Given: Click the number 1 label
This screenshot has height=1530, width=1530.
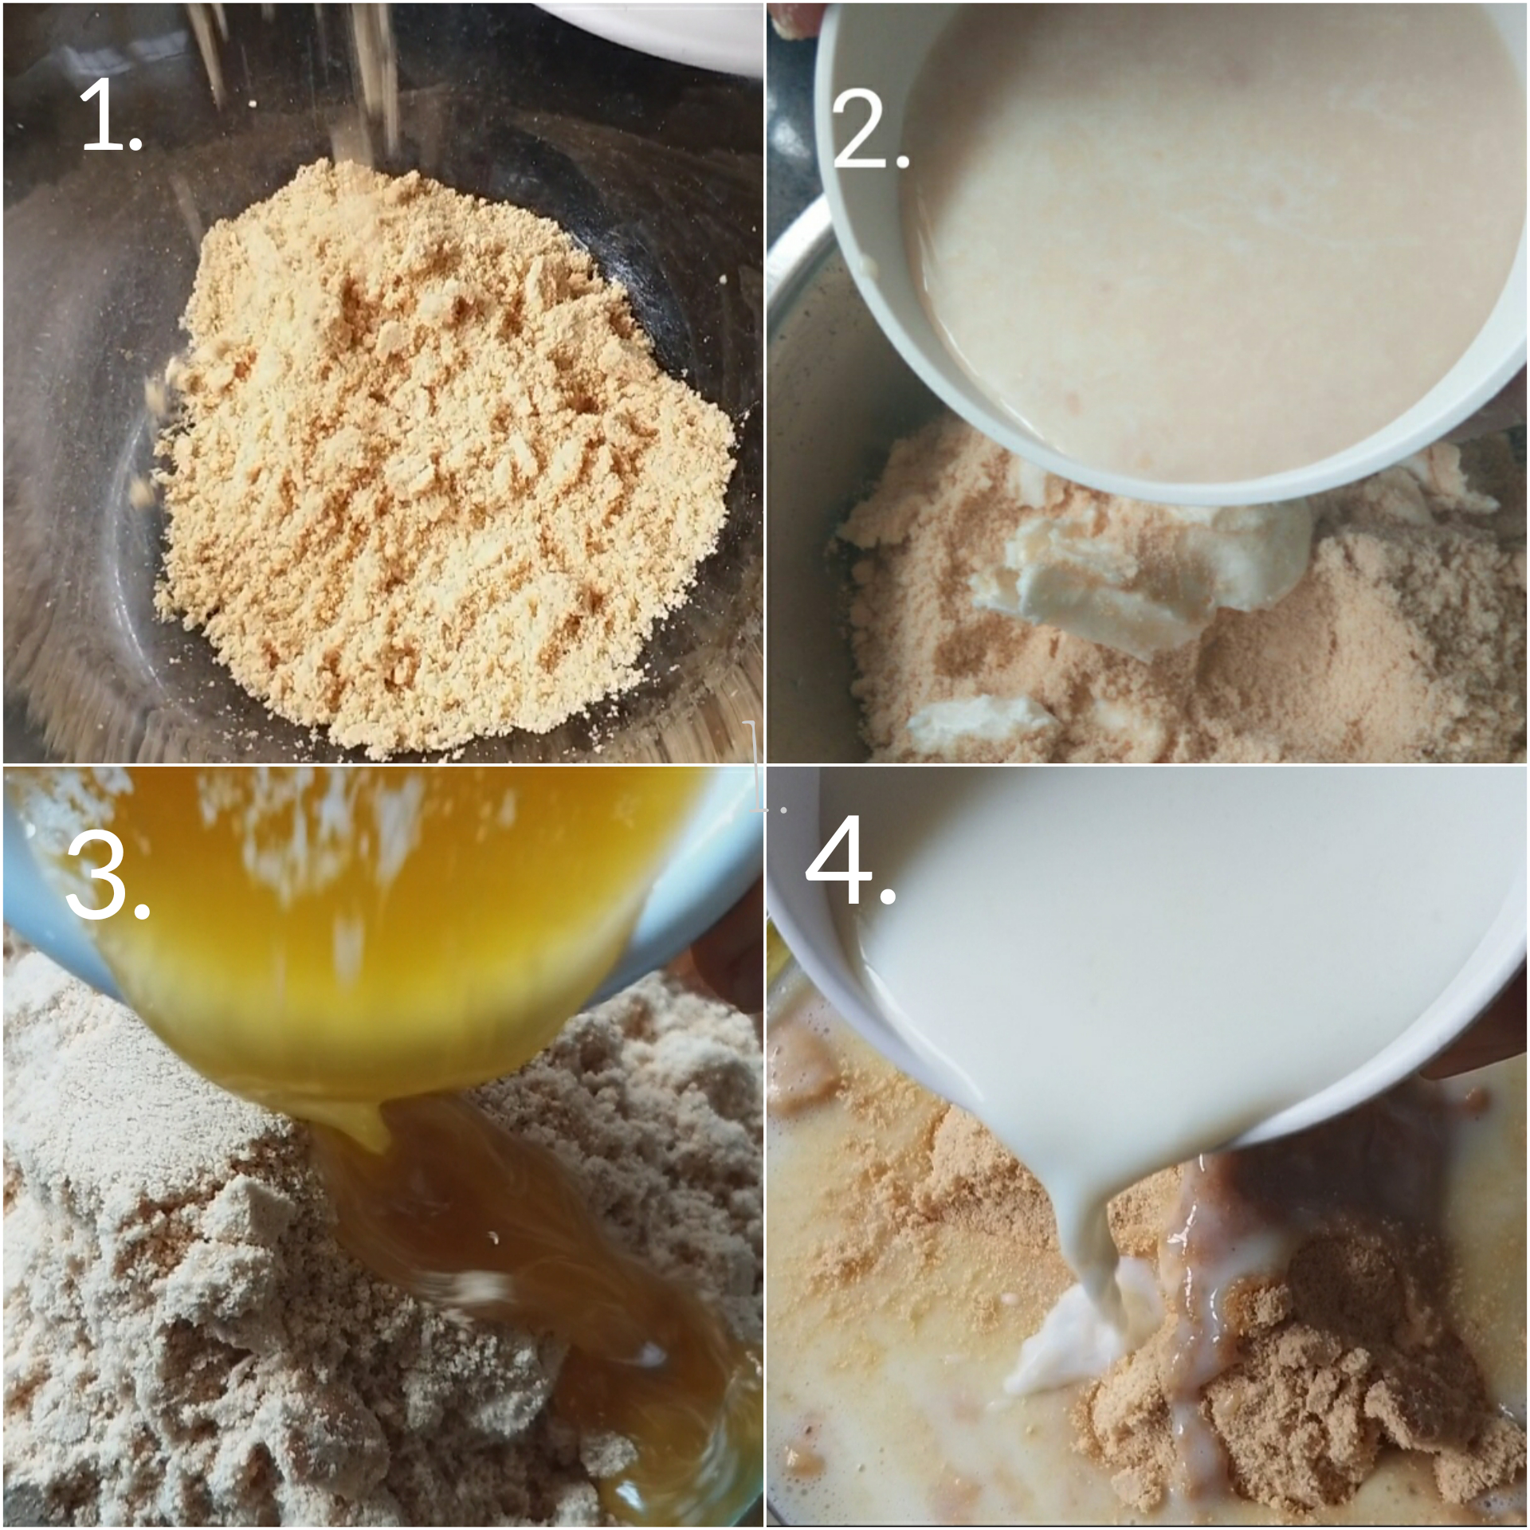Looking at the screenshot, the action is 112,117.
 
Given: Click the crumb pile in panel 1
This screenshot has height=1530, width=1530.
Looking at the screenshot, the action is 446,454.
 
